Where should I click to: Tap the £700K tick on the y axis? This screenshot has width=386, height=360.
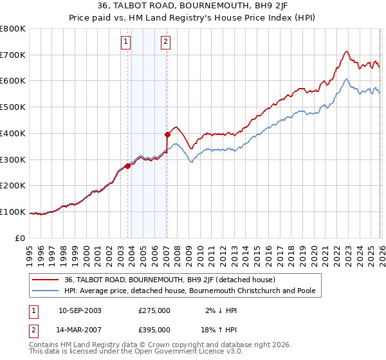pyautogui.click(x=13, y=55)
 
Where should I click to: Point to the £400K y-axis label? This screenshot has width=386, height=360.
pyautogui.click(x=13, y=133)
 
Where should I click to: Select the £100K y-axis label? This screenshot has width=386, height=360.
pyautogui.click(x=13, y=212)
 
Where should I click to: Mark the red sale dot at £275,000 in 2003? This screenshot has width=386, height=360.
pyautogui.click(x=128, y=166)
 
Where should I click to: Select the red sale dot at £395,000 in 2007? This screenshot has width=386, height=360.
pyautogui.click(x=167, y=134)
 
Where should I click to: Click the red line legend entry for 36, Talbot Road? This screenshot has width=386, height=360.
pyautogui.click(x=170, y=280)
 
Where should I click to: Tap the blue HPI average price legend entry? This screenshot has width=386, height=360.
pyautogui.click(x=190, y=291)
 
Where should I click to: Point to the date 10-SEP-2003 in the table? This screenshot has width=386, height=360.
pyautogui.click(x=80, y=310)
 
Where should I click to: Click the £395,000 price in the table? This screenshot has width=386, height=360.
pyautogui.click(x=154, y=329)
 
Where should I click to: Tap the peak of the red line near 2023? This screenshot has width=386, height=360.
pyautogui.click(x=347, y=51)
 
